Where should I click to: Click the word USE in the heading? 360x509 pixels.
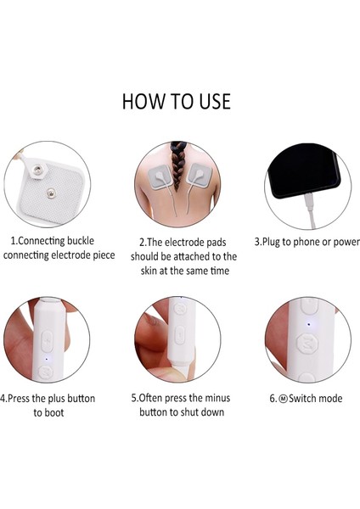215,101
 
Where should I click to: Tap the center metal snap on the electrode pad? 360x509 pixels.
50,193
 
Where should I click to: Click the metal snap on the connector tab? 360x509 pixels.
37,170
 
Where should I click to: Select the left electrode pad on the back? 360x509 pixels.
160,176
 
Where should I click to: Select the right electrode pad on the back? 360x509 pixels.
200,175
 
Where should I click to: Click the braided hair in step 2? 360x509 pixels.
177,165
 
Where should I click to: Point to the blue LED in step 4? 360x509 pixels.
46,360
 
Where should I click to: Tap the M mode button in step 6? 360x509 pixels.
307,344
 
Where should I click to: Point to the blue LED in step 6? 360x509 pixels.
308,324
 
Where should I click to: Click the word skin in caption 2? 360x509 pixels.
149,271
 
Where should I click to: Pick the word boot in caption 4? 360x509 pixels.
53,412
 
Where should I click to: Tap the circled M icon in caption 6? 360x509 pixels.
284,399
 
